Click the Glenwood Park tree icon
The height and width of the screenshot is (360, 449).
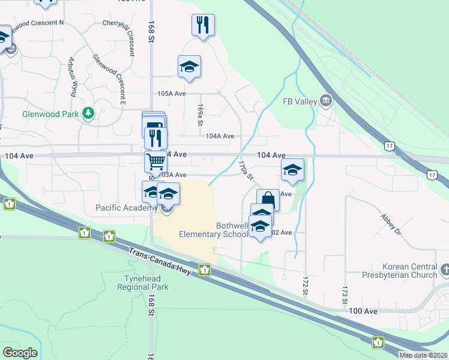pos(89,113)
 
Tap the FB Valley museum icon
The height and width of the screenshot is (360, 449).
pos(327,100)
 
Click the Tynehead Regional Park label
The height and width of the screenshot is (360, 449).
pos(146,283)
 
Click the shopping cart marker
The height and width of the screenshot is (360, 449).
pos(155,161)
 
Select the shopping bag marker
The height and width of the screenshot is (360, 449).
pos(268,199)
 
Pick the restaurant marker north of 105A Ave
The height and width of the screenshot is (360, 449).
pos(203,25)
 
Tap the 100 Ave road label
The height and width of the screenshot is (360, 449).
pos(363,311)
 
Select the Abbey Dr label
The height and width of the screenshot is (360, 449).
pos(388,224)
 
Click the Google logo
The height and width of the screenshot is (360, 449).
pos(20,353)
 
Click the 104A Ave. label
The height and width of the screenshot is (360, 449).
pos(220,136)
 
